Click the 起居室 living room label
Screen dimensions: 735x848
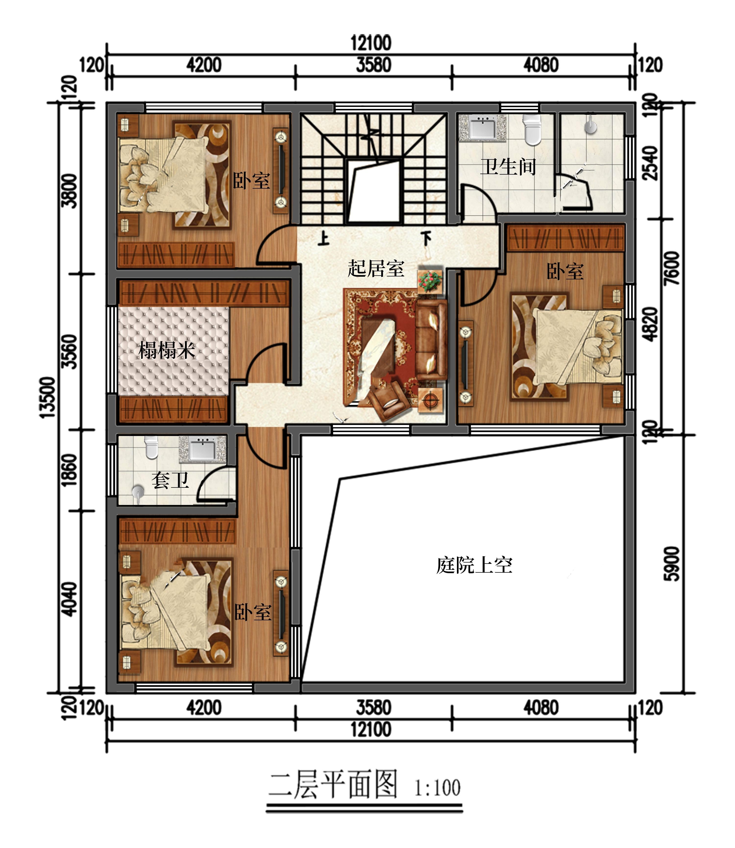point(376,269)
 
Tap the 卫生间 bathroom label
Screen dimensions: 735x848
point(508,167)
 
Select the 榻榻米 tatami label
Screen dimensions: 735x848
point(167,350)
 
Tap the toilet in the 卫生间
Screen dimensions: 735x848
point(532,130)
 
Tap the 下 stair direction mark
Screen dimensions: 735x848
point(427,238)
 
